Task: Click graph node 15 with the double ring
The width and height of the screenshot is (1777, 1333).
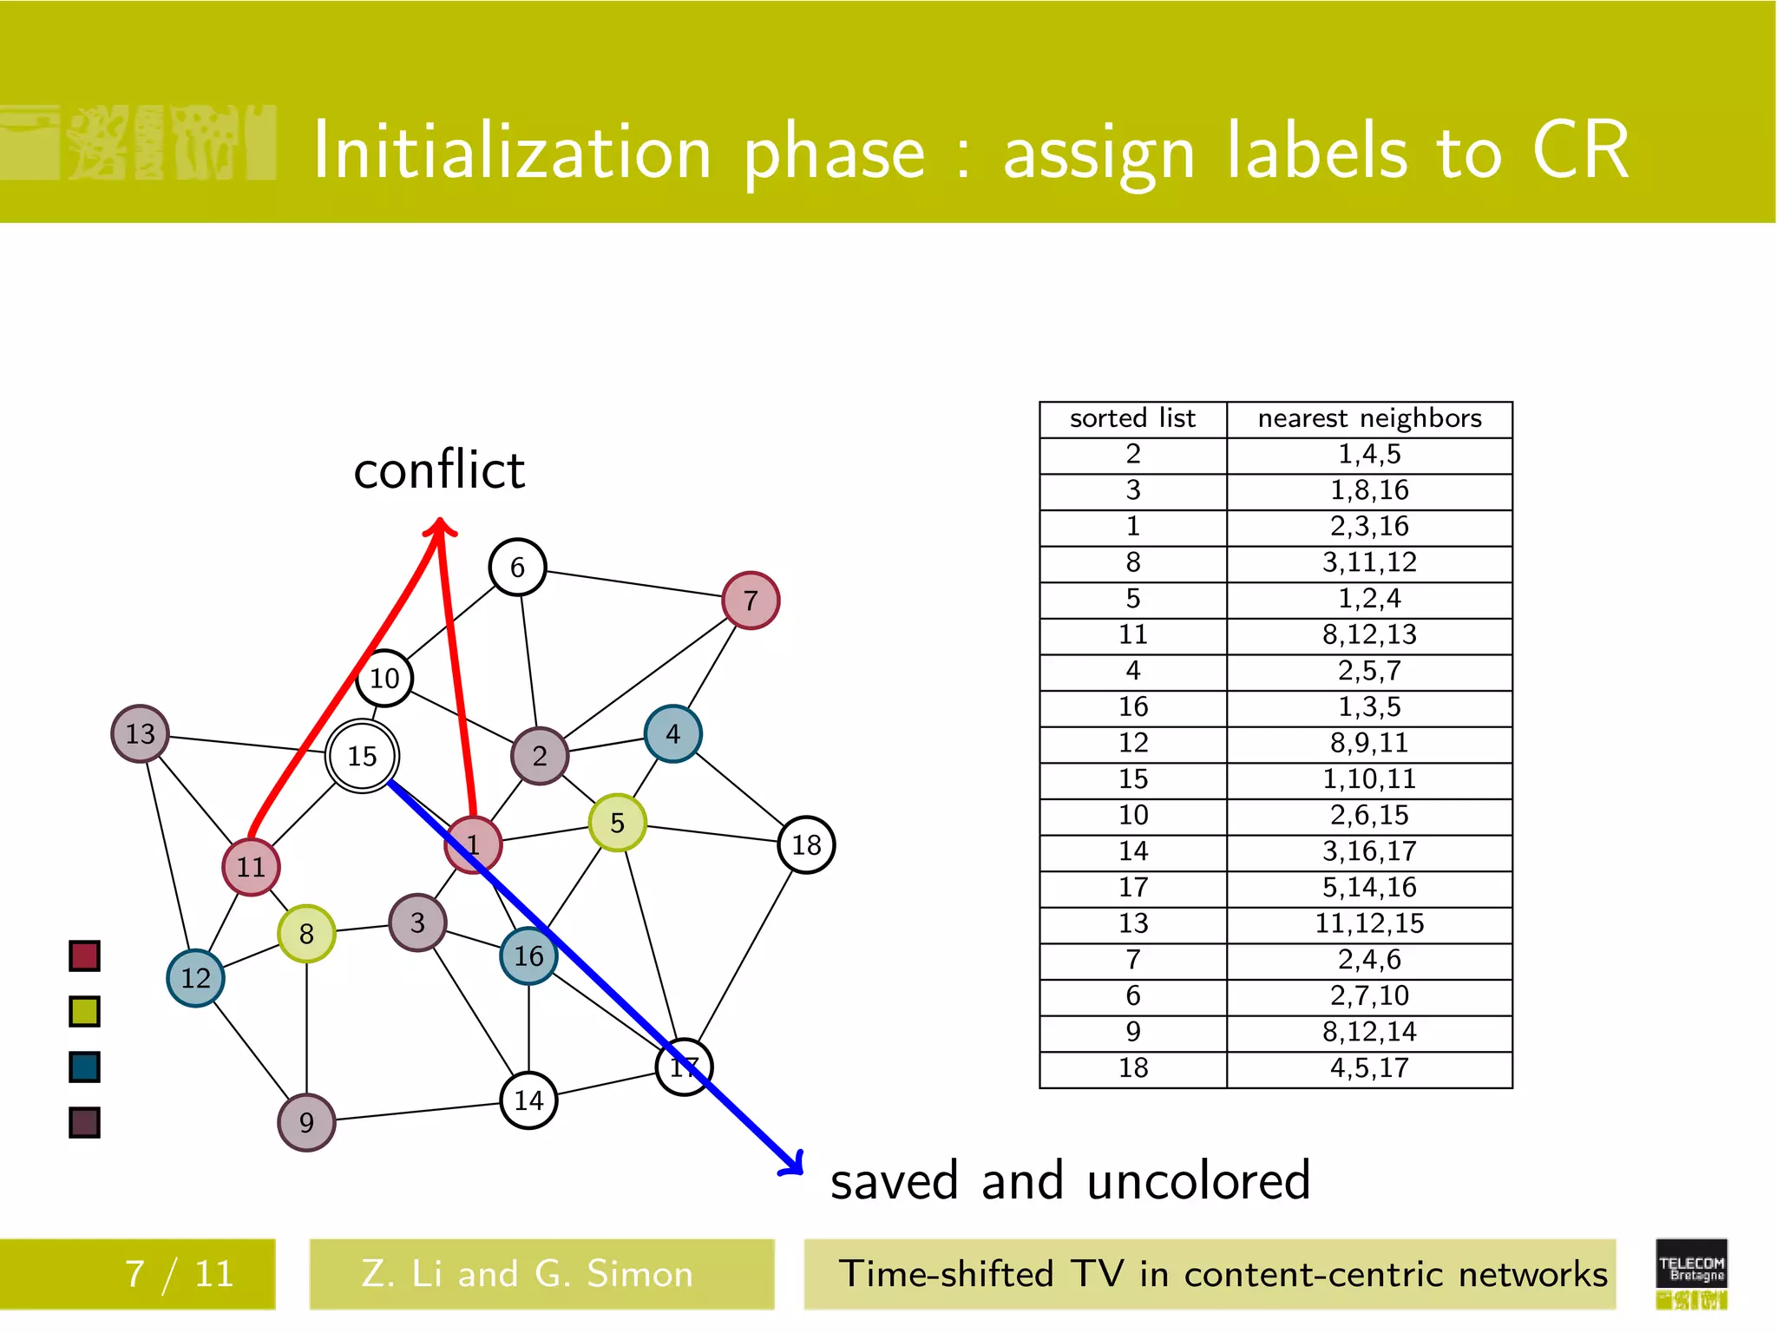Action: (x=362, y=756)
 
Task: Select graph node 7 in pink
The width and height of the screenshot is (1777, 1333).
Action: (x=751, y=600)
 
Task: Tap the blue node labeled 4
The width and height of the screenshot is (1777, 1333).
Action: (x=672, y=733)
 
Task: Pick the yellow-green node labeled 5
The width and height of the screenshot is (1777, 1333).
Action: (x=617, y=822)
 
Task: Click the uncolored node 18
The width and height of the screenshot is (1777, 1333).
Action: (x=806, y=844)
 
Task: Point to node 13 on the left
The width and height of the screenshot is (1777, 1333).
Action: (x=140, y=733)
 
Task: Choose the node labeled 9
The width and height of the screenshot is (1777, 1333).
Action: (x=306, y=1122)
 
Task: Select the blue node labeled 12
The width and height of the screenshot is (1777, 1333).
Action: (x=195, y=978)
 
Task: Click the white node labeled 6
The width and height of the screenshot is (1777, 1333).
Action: (x=517, y=567)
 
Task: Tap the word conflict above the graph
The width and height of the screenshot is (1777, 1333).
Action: (x=439, y=470)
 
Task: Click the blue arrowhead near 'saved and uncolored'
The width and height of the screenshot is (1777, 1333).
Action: (x=792, y=1164)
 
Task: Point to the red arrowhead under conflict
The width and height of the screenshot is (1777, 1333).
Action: (x=440, y=527)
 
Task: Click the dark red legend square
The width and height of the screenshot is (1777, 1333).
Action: (x=84, y=955)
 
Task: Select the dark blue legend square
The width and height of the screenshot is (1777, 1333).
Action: (x=84, y=1067)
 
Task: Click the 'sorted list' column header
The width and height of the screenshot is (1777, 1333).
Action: (x=1132, y=419)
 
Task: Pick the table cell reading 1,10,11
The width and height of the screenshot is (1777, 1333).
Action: (x=1368, y=779)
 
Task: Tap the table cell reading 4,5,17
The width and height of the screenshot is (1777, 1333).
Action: (x=1368, y=1068)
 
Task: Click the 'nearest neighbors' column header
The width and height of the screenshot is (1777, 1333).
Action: (x=1368, y=419)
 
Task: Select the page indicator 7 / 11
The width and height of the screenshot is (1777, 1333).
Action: (x=179, y=1274)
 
